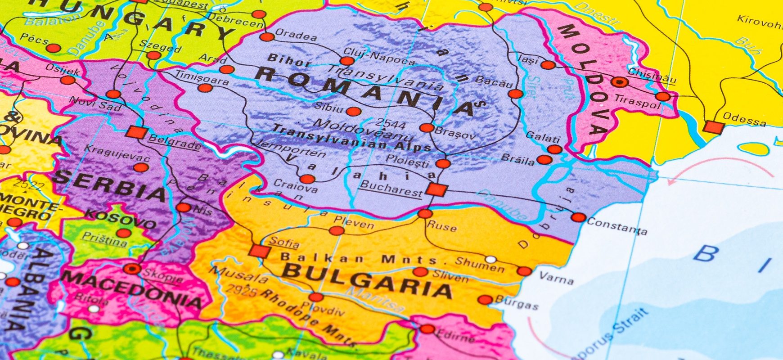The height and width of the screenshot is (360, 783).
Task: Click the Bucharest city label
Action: point(391,189)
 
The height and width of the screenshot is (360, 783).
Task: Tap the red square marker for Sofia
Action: point(259,251)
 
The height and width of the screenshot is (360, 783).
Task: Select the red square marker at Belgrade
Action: point(136,132)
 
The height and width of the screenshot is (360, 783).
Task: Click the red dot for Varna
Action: point(524,271)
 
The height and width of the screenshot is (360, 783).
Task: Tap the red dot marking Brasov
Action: point(427,127)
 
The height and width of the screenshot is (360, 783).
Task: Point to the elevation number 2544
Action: point(390,124)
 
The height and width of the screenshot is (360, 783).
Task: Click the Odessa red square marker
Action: point(714,127)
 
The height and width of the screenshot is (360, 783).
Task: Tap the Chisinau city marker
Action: point(619,82)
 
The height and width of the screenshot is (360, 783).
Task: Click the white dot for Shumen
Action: point(491,259)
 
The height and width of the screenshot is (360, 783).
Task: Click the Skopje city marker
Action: point(132,269)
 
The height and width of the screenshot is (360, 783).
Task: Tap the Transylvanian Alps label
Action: point(351,138)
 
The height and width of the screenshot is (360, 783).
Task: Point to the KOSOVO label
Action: point(121,219)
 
